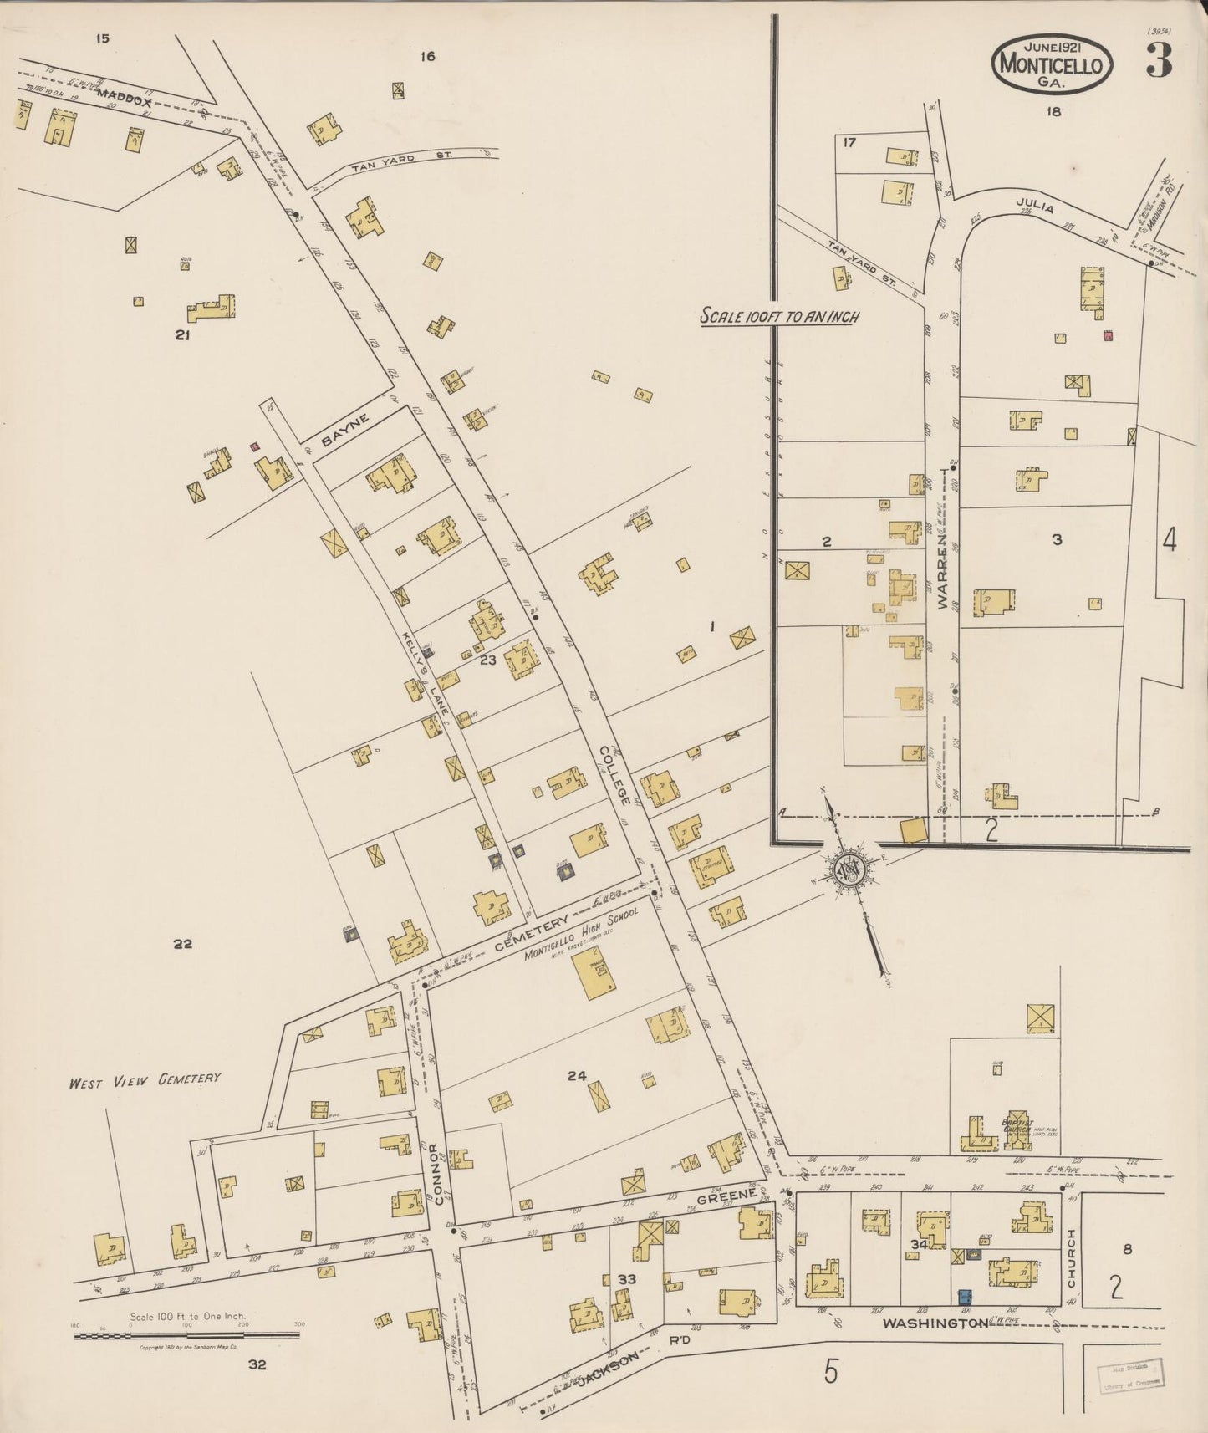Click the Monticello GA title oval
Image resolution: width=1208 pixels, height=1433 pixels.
coord(1053,63)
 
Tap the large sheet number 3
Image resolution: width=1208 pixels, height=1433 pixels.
coord(1159,59)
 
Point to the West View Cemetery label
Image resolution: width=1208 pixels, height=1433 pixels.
coord(145,1079)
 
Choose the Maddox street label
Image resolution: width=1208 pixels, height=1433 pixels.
coord(124,98)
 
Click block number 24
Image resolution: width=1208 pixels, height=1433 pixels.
coord(577,1076)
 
